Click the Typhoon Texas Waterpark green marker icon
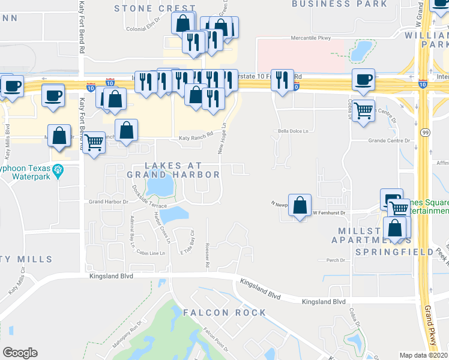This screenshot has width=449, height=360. point(58,172)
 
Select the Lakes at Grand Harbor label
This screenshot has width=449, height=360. point(173,170)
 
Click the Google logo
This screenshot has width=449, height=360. point(19,353)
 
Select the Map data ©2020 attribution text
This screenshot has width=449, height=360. point(423,355)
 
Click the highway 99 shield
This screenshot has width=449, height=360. point(424,131)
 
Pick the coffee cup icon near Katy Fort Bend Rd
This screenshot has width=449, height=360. point(53,95)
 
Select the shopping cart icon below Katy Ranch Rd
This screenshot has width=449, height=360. point(93,143)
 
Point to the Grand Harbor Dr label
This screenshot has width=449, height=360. point(104,202)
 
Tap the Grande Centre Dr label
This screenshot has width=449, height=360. point(389,141)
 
